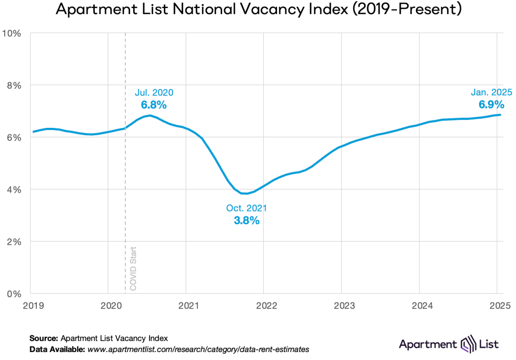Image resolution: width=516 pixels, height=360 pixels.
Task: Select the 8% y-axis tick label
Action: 14,85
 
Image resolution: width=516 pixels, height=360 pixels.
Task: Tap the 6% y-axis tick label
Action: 14,137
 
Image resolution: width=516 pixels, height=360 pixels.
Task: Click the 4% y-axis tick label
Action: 14,189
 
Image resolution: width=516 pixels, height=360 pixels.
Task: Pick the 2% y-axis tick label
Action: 14,242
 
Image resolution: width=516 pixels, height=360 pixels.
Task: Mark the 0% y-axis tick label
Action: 14,294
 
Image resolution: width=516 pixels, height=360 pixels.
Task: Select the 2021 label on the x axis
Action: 188,305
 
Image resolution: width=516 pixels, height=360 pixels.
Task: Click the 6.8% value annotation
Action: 154,105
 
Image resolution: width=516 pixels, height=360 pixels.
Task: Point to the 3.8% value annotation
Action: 246,221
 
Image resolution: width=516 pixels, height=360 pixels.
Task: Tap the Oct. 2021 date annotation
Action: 246,208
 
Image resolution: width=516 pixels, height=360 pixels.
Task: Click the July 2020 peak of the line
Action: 150,115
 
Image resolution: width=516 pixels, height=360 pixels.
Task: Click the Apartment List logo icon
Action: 468,345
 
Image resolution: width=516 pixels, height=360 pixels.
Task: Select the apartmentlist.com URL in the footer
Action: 198,349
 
